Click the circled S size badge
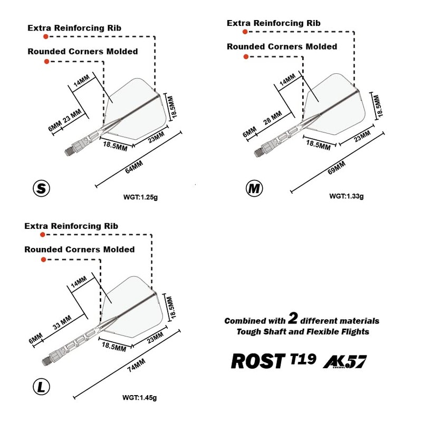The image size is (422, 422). click(41, 188)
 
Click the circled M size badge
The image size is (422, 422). click(255, 188)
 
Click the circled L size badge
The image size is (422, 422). click(42, 388)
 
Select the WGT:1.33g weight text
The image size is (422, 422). click(347, 196)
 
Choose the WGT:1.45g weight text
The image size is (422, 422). click(139, 398)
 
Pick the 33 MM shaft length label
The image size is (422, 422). click(62, 323)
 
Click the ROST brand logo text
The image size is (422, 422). click(257, 361)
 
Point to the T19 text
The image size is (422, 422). click(303, 359)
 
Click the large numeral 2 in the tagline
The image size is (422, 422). click(294, 319)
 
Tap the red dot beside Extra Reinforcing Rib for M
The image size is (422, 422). click(245, 32)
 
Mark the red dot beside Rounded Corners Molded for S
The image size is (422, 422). click(46, 62)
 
